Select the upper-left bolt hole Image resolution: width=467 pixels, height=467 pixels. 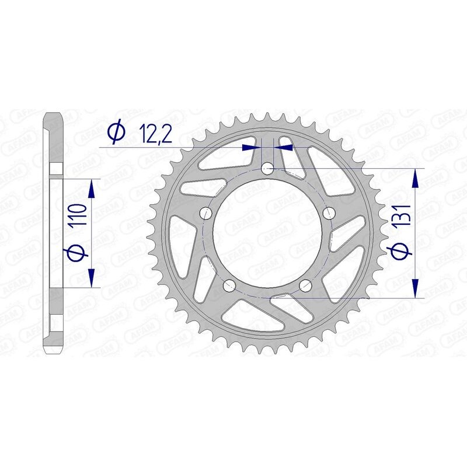pyautogui.click(x=205, y=213)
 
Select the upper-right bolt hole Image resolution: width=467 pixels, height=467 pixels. pyautogui.click(x=329, y=211)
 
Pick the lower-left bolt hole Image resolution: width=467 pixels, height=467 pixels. pyautogui.click(x=229, y=285)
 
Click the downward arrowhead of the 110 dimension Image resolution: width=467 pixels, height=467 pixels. pyautogui.click(x=91, y=278)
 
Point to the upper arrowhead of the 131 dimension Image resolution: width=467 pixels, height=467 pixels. pyautogui.click(x=415, y=179)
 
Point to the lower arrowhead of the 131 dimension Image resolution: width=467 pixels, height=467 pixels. pyautogui.click(x=415, y=288)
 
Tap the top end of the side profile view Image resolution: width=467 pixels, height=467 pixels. pyautogui.click(x=55, y=114)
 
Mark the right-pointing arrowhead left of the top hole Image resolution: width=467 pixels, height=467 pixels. pyautogui.click(x=251, y=148)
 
